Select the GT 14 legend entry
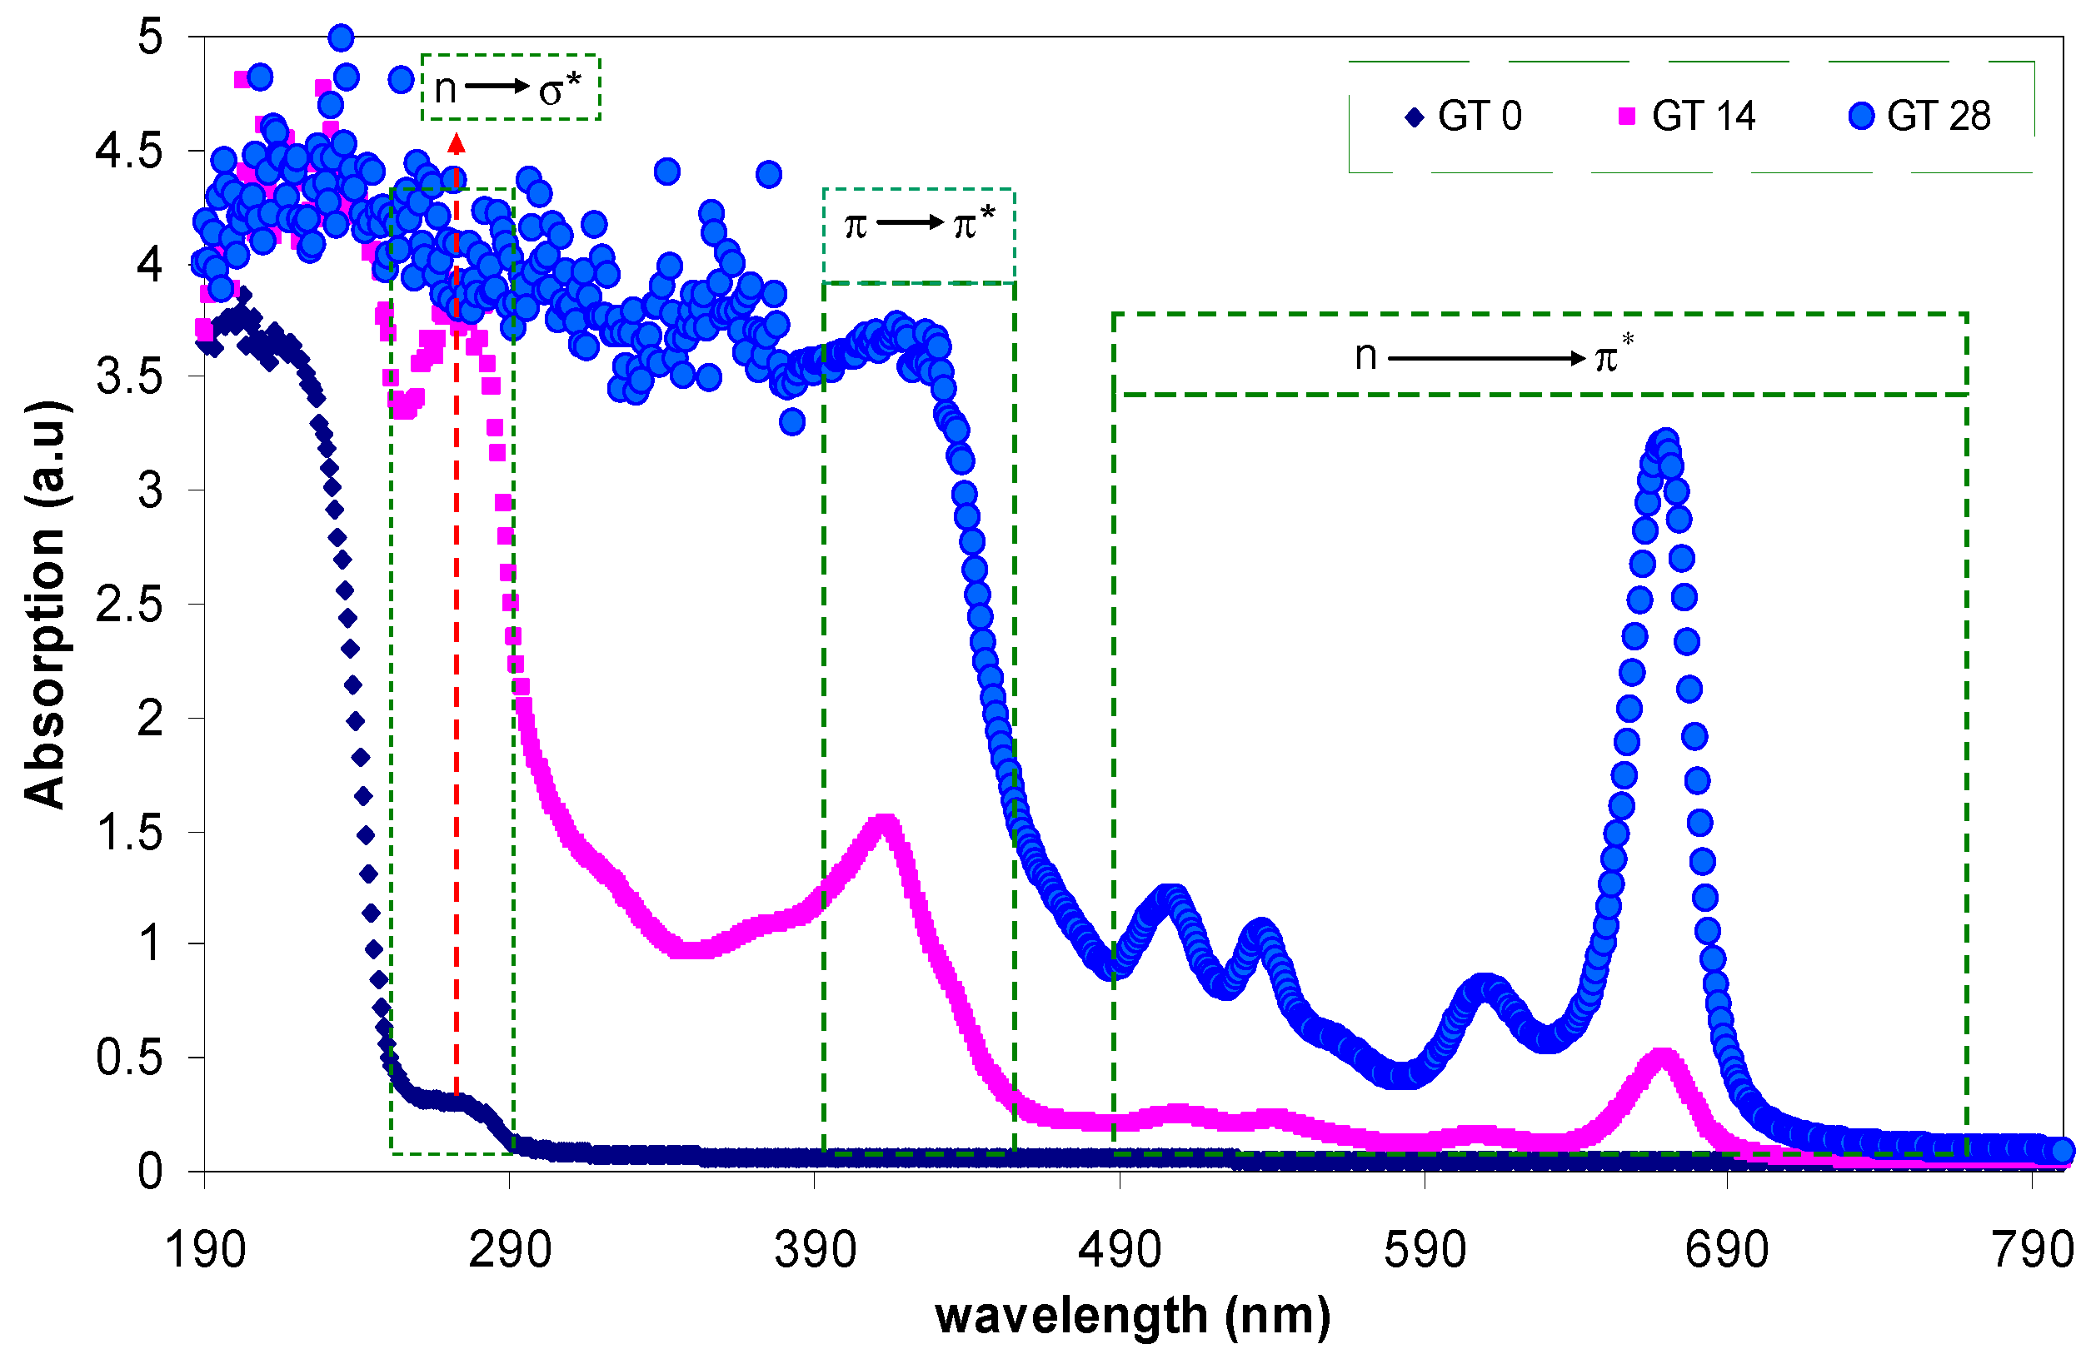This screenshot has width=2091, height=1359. pos(1687,116)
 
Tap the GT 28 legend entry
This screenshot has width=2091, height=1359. pos(1920,116)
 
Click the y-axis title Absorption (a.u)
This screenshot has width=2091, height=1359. pos(44,605)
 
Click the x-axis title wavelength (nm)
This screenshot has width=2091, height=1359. pos(1133,1315)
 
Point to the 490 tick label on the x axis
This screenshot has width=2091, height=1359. pos(1120,1249)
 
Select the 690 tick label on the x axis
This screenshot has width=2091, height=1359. pos(1727,1249)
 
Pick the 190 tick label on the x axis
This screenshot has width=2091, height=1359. pos(206,1249)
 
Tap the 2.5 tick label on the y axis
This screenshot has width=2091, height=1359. pos(129,605)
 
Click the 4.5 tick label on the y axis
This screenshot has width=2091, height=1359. pos(129,151)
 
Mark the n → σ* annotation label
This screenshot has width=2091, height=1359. pos(510,87)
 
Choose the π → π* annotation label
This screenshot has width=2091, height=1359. pos(919,225)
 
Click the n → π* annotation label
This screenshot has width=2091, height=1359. pos(1494,356)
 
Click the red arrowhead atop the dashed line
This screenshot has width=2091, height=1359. pos(456,143)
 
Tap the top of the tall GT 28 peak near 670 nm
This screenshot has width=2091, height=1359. pos(1663,441)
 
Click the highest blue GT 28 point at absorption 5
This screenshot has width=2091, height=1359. pos(341,37)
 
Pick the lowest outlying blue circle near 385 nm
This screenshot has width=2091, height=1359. pos(792,422)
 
